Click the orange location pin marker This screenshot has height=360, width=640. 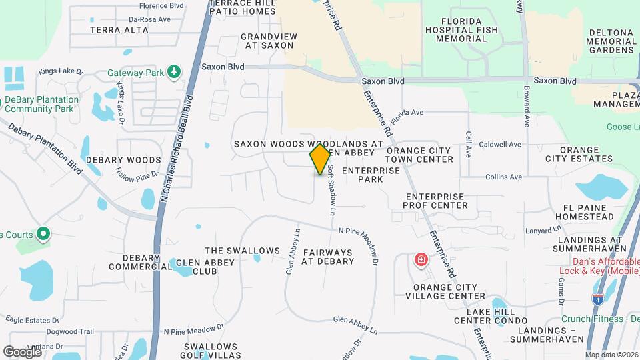click(320, 159)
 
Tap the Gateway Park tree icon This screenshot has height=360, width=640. click(174, 71)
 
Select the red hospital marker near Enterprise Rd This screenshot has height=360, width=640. click(421, 259)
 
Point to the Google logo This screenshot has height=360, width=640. click(22, 351)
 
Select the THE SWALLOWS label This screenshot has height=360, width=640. click(242, 251)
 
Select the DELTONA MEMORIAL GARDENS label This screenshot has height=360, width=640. click(611, 41)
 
